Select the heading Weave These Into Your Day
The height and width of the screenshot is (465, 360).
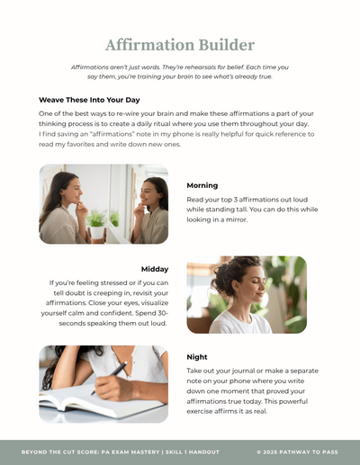(89, 100)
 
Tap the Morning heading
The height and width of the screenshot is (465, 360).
(202, 185)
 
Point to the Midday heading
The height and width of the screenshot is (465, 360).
(155, 269)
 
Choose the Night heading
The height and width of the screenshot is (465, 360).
(197, 357)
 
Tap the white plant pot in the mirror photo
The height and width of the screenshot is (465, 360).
(98, 233)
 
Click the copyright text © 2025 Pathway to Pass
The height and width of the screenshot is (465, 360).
(297, 452)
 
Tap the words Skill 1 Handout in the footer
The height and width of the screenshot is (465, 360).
(193, 452)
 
